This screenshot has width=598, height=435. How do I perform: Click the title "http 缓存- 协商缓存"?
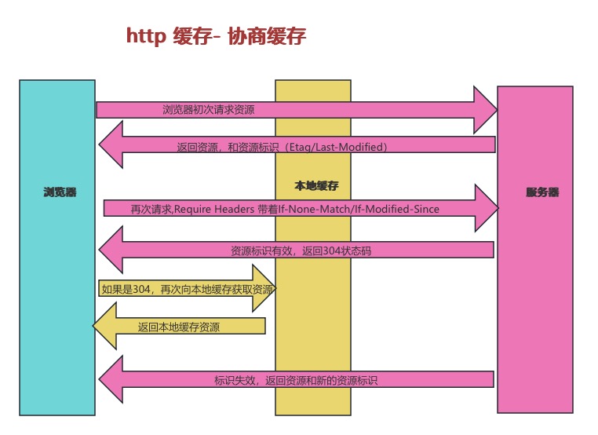click(x=216, y=36)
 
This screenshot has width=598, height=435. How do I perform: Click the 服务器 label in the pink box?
click(x=541, y=192)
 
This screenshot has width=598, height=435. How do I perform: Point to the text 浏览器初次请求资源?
click(x=208, y=110)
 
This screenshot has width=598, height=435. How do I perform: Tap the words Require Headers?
click(x=213, y=209)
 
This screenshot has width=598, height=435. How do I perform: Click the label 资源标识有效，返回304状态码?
click(x=306, y=250)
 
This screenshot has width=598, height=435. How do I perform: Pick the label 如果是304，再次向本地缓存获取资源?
click(x=187, y=289)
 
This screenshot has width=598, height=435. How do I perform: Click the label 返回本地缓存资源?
click(x=178, y=327)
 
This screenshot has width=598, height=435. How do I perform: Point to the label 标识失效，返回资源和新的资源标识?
click(x=296, y=380)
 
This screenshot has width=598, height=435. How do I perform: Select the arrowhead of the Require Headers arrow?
click(x=486, y=208)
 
